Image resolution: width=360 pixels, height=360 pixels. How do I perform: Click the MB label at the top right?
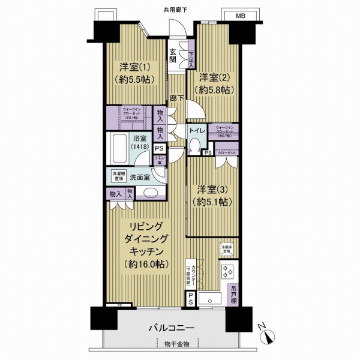point(239,15)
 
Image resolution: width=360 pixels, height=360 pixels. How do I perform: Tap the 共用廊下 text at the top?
point(176,10)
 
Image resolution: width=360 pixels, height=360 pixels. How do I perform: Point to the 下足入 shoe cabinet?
point(191,56)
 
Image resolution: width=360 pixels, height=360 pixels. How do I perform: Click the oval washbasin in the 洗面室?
point(150,193)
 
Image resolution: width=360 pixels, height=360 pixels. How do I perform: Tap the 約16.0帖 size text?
point(146,265)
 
